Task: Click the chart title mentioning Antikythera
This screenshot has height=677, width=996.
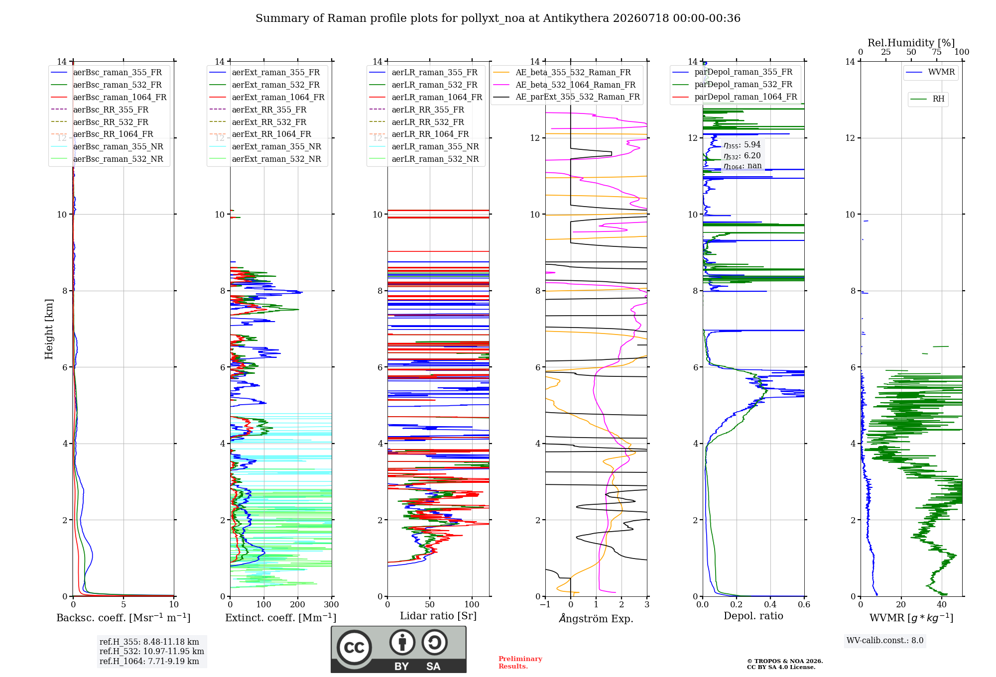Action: [x=498, y=18]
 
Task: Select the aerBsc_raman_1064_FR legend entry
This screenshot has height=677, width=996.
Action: [x=109, y=97]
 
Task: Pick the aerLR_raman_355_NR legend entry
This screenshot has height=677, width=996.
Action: [x=424, y=146]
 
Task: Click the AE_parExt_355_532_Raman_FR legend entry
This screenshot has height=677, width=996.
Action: [x=567, y=97]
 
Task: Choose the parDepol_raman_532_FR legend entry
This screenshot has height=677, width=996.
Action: [x=732, y=85]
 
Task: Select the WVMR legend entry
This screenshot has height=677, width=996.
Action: [x=931, y=72]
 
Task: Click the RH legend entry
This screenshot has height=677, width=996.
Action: [x=928, y=99]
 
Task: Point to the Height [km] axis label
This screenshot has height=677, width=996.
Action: [x=49, y=329]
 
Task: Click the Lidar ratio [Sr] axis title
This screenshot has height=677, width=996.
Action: [x=438, y=616]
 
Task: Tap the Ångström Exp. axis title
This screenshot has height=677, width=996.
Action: [x=596, y=618]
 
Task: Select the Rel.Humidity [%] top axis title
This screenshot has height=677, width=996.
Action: [x=911, y=43]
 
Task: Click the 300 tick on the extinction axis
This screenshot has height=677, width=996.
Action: [x=332, y=605]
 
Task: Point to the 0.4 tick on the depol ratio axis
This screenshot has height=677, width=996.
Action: [x=770, y=605]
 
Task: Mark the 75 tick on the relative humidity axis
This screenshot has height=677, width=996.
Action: [x=937, y=52]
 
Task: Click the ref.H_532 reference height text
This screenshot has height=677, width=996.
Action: [x=152, y=651]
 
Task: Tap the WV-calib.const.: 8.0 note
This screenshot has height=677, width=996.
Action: [x=885, y=641]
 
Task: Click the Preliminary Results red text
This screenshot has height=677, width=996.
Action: [x=520, y=663]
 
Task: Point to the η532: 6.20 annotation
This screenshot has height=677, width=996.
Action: [x=742, y=156]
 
